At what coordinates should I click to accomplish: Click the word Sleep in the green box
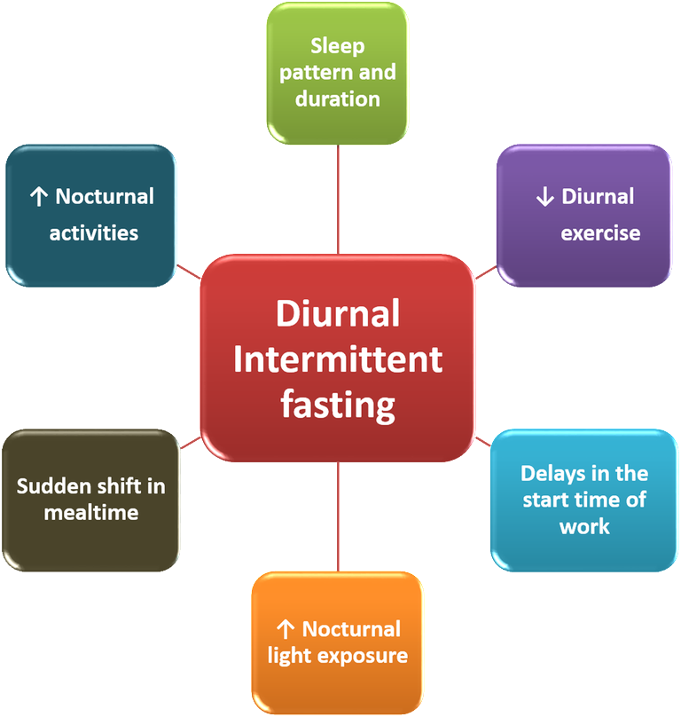(x=337, y=45)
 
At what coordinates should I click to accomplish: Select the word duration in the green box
(x=337, y=98)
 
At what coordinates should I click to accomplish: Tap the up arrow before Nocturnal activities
(x=38, y=197)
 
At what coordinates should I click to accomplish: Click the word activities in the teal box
(x=94, y=233)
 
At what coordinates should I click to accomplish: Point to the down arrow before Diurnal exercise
(x=544, y=197)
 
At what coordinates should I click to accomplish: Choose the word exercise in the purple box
(x=600, y=233)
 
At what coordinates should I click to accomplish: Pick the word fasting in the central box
(x=338, y=406)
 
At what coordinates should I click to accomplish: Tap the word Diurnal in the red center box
(x=338, y=313)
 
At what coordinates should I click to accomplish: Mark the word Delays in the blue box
(x=552, y=473)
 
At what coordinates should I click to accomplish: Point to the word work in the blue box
(x=584, y=526)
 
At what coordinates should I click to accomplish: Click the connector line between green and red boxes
(x=338, y=199)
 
